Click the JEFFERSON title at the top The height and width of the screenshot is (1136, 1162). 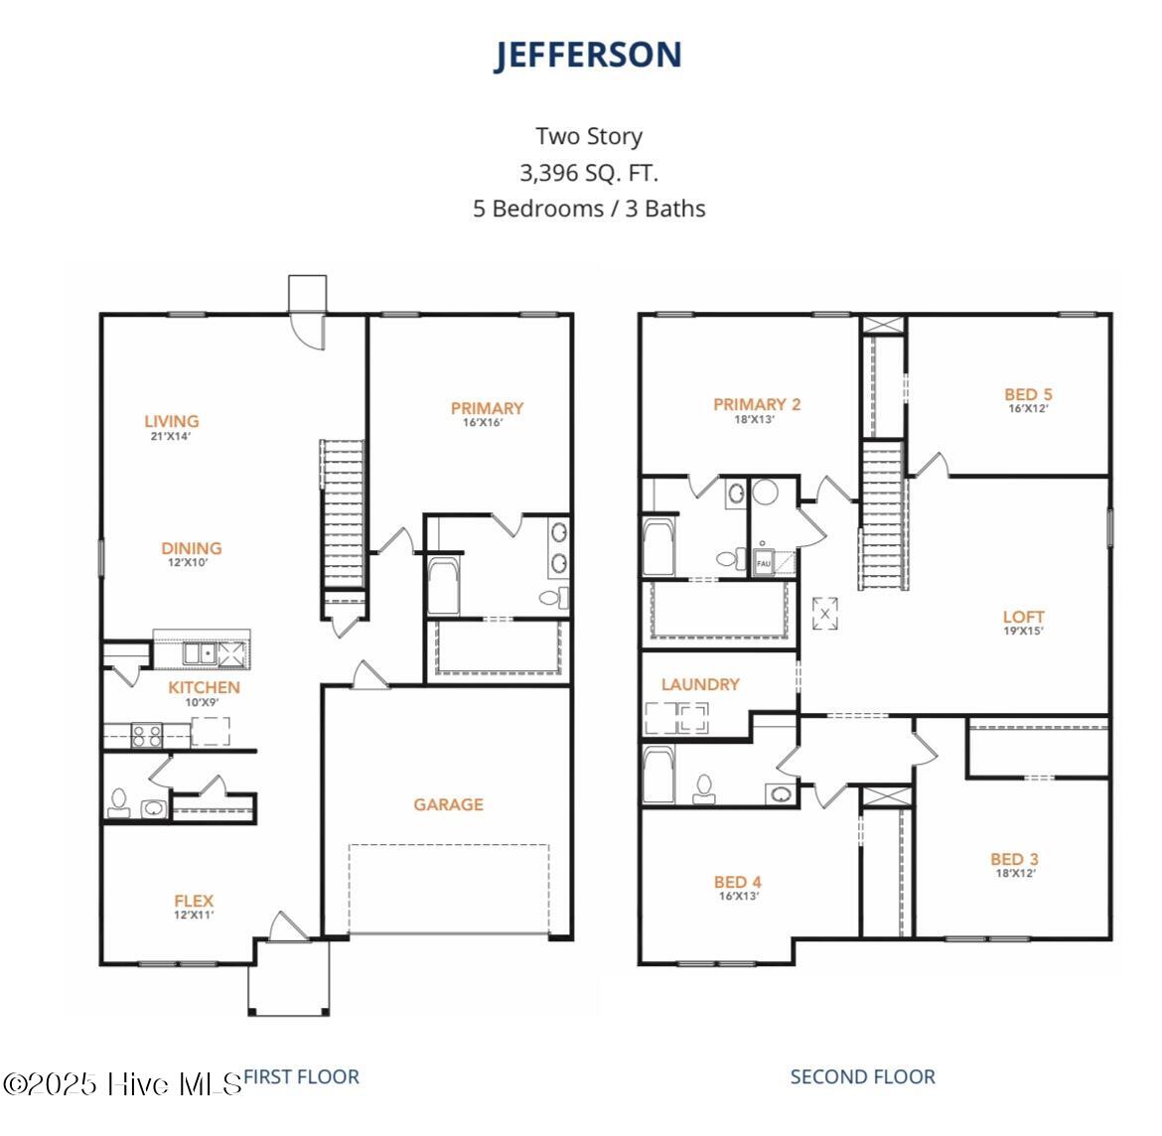click(x=588, y=56)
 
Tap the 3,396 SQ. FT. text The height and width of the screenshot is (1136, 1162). click(x=588, y=173)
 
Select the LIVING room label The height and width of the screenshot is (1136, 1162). click(x=171, y=422)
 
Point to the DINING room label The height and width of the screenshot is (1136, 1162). click(x=192, y=549)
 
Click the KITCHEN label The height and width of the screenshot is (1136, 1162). click(x=204, y=688)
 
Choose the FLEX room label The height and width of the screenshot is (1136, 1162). click(x=194, y=903)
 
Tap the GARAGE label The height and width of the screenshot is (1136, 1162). click(x=448, y=804)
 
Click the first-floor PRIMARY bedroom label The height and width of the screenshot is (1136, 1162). click(x=487, y=409)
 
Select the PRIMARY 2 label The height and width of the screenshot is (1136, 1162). click(x=756, y=405)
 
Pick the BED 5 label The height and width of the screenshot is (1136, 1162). click(x=1028, y=395)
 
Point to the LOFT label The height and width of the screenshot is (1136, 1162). click(x=1023, y=618)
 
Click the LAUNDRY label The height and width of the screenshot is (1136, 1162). click(x=700, y=684)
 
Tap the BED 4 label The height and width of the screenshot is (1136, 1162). click(x=737, y=883)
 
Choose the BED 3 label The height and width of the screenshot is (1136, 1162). click(x=1014, y=860)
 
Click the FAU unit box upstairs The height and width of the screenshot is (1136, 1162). click(x=764, y=562)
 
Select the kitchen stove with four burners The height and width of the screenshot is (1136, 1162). click(x=147, y=736)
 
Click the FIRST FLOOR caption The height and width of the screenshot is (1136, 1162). click(x=301, y=1076)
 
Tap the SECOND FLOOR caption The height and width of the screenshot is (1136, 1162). click(x=862, y=1076)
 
